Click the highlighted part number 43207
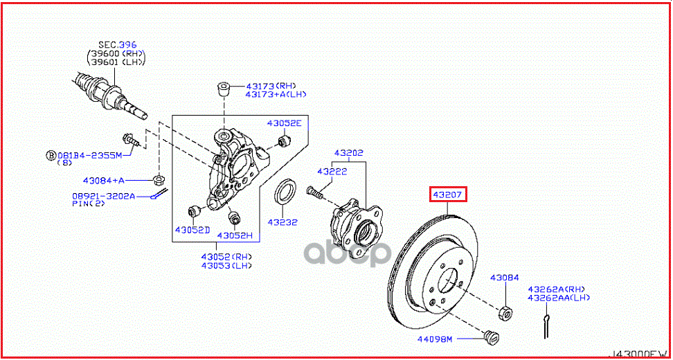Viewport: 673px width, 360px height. (448, 195)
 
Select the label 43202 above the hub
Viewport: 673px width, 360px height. (348, 153)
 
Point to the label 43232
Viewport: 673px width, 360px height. (283, 223)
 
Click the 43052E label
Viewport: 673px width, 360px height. (285, 123)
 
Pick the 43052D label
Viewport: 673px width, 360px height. (191, 230)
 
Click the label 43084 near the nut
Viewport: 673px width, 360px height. (504, 278)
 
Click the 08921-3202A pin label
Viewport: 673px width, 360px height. (104, 197)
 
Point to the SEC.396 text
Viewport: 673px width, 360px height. (114, 44)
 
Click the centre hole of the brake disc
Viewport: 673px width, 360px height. (448, 281)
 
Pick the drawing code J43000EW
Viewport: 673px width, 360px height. (638, 352)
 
